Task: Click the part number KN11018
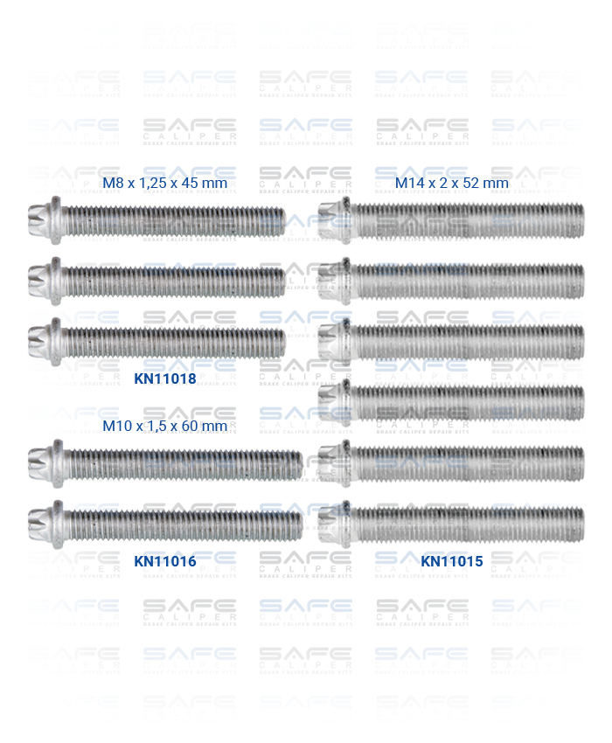pos(164,378)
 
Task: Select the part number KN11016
pos(164,561)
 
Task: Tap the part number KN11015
pos(452,561)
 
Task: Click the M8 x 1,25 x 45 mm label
pos(164,184)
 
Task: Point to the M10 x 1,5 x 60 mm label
pos(164,427)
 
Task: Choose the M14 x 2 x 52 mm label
pos(452,184)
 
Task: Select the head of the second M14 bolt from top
pos(336,281)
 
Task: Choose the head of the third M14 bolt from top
pos(336,342)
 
